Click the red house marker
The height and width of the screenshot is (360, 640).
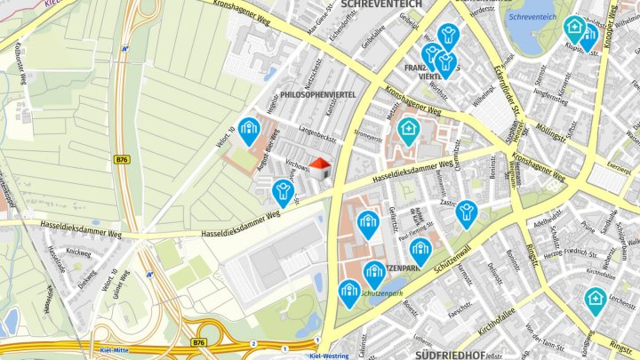click(322, 167)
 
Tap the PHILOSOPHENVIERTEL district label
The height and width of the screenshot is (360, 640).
click(317, 93)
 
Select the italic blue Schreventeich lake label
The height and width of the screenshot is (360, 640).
click(531, 16)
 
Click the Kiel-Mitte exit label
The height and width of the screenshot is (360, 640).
click(116, 348)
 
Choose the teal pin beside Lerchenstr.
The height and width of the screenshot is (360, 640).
click(595, 300)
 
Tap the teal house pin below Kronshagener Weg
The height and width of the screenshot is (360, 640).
click(408, 131)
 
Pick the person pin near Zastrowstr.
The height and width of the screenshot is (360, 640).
click(466, 212)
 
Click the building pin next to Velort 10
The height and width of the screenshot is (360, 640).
click(249, 131)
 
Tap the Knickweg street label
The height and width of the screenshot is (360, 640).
click(79, 252)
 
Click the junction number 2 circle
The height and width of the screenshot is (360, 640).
click(253, 342)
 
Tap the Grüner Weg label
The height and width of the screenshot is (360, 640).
click(122, 287)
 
